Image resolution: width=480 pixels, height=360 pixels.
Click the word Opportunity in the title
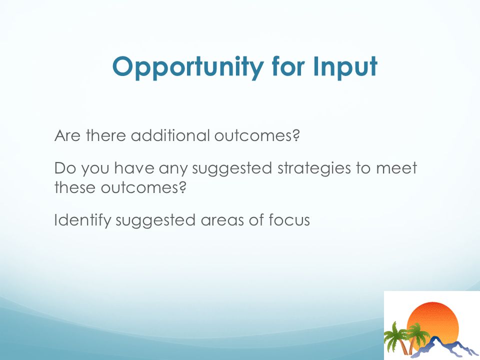tap(188, 67)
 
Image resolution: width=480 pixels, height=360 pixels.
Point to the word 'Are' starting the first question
tap(67, 135)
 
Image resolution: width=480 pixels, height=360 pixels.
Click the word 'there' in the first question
tap(105, 135)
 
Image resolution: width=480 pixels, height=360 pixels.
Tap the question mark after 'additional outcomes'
tap(295, 135)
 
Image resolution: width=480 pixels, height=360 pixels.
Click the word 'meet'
tap(396, 168)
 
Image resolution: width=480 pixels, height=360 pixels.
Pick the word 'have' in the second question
tap(134, 168)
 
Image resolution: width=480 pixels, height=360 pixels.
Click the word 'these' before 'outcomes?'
tap(75, 187)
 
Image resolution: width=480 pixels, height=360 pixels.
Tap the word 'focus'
tap(289, 220)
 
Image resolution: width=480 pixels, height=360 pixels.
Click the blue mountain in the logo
tap(444, 347)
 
